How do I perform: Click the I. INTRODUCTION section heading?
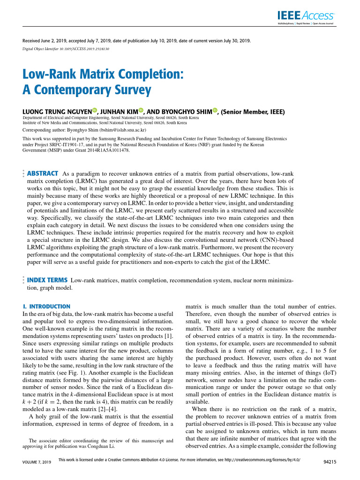46,306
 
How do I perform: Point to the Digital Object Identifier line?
66,48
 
